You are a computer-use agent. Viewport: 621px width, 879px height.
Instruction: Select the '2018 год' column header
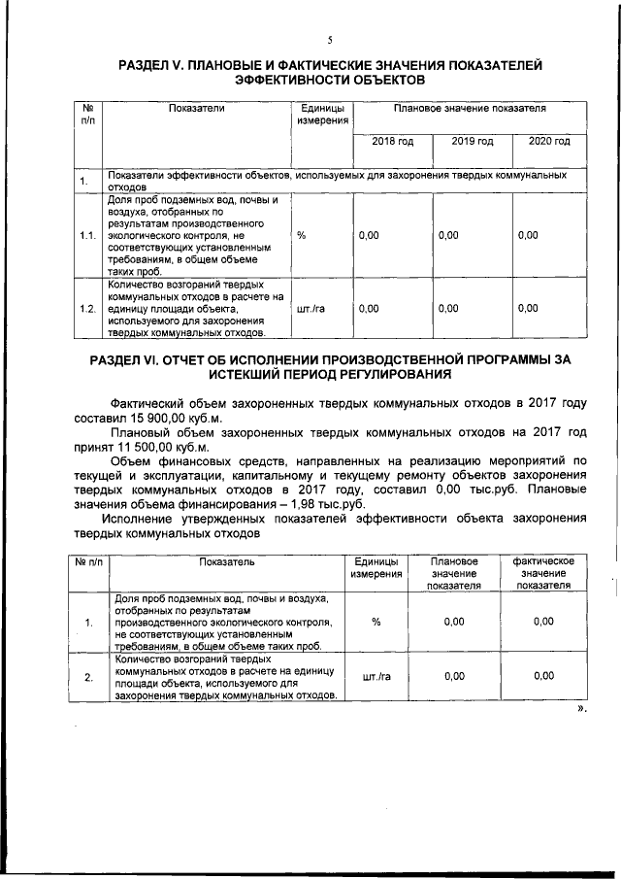(x=393, y=142)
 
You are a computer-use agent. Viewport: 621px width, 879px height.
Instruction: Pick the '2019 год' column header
(x=473, y=142)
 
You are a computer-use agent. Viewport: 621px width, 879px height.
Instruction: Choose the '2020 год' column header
(x=548, y=142)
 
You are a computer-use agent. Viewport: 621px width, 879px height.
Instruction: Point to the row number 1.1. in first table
(x=87, y=236)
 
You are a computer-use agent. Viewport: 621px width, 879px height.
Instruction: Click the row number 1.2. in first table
(x=87, y=309)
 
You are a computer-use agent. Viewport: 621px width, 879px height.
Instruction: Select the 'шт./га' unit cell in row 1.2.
(x=310, y=309)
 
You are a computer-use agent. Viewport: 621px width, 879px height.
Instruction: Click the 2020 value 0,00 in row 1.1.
(x=528, y=236)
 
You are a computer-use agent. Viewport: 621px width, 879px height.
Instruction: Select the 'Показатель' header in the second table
(x=226, y=562)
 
